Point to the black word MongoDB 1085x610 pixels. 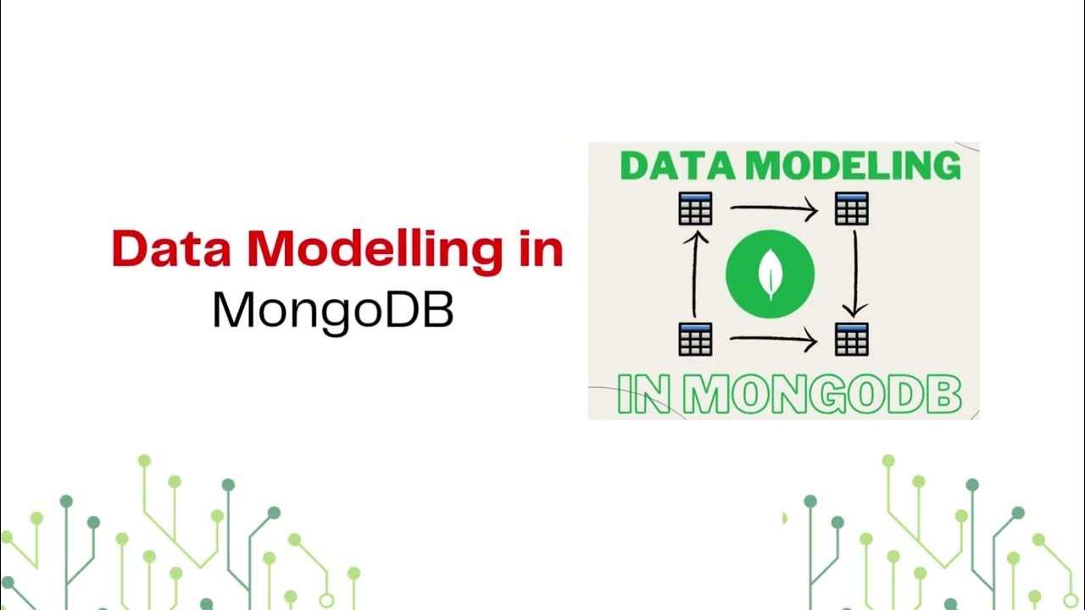333,311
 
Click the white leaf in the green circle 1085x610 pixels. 770,276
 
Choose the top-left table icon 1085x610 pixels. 695,208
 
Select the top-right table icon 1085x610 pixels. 851,208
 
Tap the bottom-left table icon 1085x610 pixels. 695,339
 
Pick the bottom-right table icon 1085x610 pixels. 851,339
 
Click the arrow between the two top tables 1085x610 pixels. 773,208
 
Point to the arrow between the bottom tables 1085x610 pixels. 773,341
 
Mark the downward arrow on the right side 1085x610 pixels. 856,274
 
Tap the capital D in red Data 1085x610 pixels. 129,249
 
